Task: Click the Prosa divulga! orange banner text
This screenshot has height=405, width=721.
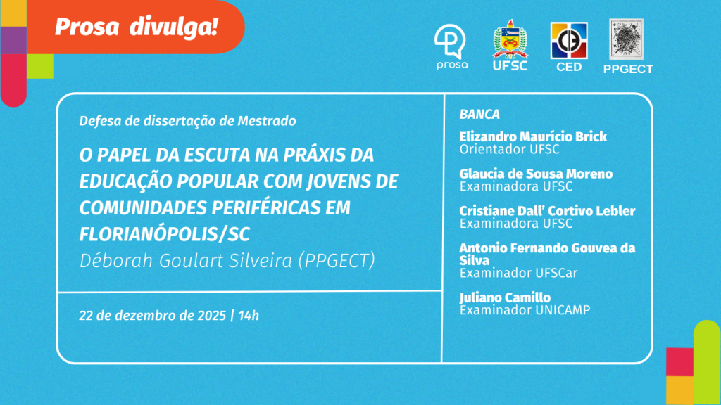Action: coord(136,27)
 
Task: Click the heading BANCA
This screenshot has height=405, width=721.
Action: coord(479,115)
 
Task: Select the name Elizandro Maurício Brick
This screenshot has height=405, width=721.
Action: coord(533,136)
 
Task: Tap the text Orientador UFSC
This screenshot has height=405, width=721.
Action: coord(510,149)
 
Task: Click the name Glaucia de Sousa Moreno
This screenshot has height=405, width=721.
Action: coord(536,174)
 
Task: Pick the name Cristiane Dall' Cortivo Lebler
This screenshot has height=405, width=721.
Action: coord(547,211)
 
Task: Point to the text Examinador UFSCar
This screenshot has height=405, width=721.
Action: coord(519,273)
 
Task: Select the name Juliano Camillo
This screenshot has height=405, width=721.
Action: coord(506,297)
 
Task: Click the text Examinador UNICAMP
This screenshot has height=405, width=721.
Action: coord(525,310)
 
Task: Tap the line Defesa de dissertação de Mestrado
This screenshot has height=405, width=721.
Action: coord(187,121)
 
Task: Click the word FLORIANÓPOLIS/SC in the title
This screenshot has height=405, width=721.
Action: coord(165,234)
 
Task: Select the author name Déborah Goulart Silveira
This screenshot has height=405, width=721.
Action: coord(186,261)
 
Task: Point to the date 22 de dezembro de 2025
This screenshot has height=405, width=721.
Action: coord(153,316)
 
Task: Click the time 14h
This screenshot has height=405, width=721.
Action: coord(249,316)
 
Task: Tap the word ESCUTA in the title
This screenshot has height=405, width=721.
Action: coord(217,155)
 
